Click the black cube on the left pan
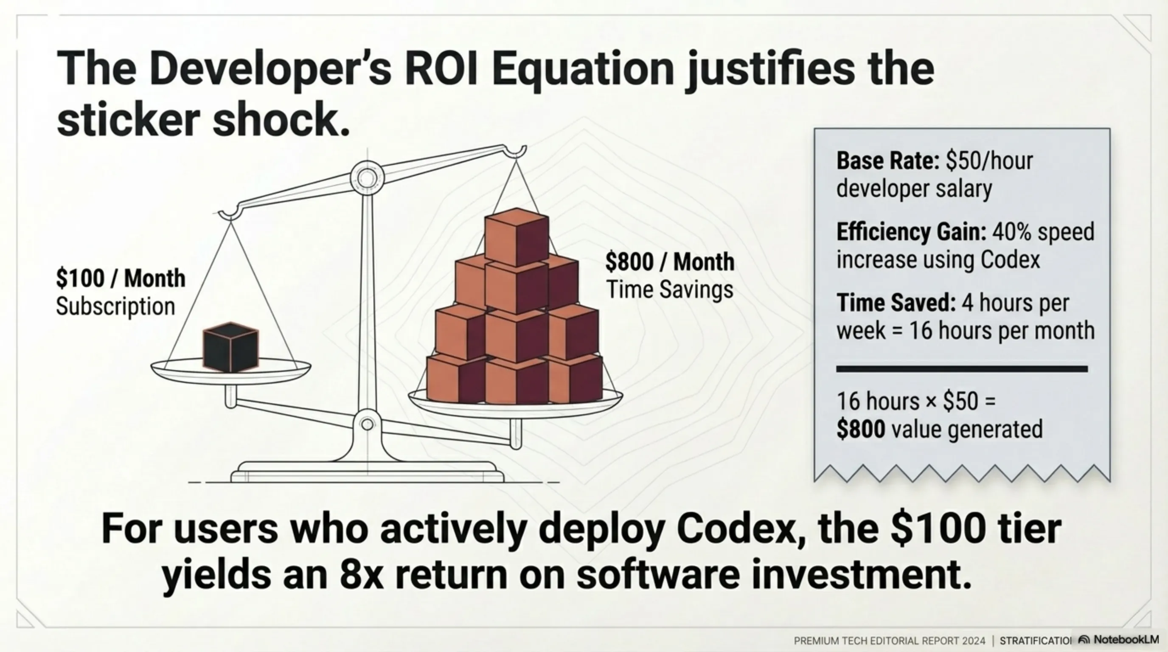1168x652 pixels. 230,347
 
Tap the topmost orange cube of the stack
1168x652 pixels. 517,237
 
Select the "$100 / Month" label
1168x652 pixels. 121,278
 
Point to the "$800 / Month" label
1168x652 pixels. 670,262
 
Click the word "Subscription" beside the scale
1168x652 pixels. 115,306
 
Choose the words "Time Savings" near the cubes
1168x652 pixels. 670,290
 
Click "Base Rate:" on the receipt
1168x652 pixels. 888,160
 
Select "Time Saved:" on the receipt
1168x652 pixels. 896,303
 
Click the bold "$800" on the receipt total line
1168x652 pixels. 861,429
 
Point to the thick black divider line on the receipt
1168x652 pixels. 962,369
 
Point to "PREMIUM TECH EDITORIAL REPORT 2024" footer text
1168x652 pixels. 890,641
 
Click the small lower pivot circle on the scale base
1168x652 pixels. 367,424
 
